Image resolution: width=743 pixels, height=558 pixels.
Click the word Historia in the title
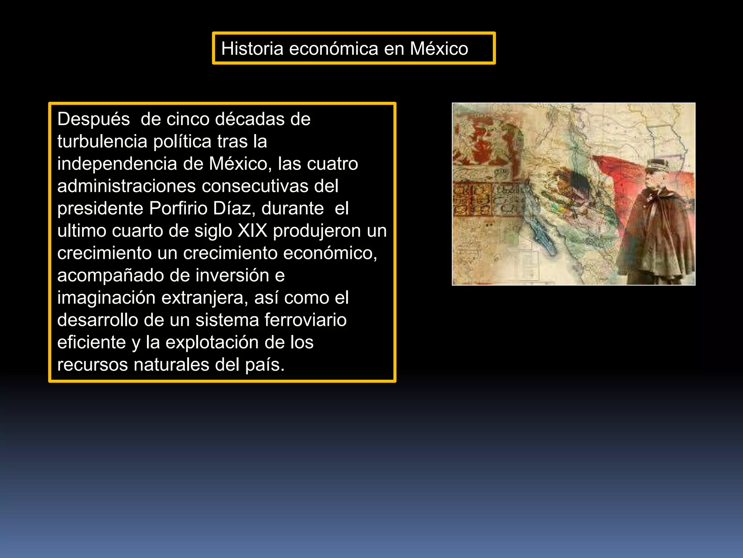(x=252, y=49)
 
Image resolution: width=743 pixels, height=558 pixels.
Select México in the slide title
(x=439, y=49)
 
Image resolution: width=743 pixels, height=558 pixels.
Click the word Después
(x=94, y=119)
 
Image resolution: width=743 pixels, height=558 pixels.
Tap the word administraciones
(x=126, y=186)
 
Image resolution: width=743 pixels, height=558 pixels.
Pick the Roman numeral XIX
(x=253, y=231)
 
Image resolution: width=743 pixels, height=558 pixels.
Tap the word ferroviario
(x=305, y=320)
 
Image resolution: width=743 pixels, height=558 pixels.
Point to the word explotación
(x=212, y=343)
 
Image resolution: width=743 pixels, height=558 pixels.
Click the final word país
(x=264, y=365)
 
